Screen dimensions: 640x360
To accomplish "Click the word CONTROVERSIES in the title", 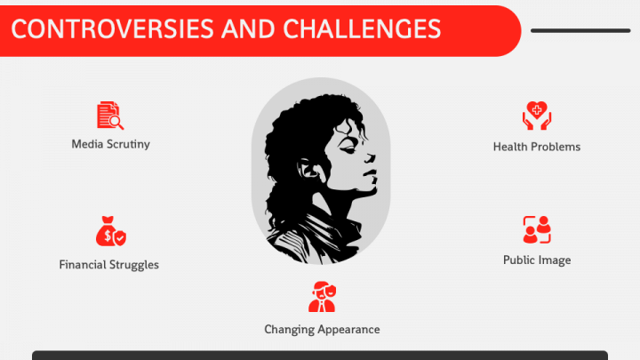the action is [x=112, y=29].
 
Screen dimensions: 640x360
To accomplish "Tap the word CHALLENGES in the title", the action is [x=362, y=29].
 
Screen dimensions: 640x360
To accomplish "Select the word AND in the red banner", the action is [x=248, y=29].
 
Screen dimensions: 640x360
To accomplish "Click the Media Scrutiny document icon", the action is [x=110, y=116].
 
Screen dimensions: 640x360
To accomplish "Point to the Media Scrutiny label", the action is [x=110, y=144].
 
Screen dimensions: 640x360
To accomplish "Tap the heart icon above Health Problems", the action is [x=537, y=116].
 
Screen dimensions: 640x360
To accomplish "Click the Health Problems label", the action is [x=537, y=147].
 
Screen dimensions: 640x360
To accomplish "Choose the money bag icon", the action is [x=110, y=231].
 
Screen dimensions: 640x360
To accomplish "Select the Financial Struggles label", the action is [x=109, y=265].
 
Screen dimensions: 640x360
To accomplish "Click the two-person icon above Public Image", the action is [x=537, y=230].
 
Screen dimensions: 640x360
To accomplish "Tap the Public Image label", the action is [x=537, y=260].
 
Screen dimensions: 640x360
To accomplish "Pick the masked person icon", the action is [x=322, y=297].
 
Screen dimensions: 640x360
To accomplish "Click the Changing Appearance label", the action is [x=322, y=330].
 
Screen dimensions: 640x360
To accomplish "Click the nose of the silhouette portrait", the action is [x=370, y=157].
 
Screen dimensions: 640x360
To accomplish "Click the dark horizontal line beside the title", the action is [x=580, y=30].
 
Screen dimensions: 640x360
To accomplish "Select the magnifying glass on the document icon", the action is [x=116, y=122].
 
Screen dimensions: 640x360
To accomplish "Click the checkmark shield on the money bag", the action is [x=120, y=238].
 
